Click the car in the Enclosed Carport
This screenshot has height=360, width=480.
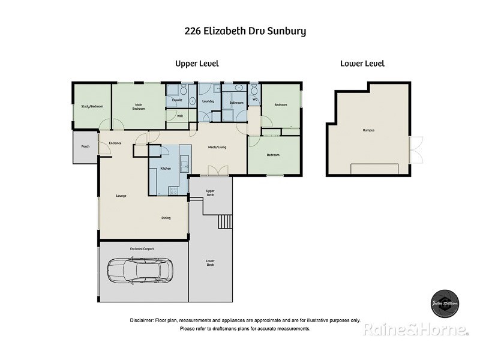pos(140,271)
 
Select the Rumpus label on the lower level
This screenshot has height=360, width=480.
pos(368,130)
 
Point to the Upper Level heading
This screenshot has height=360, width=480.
pos(197,63)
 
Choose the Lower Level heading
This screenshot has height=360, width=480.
pos(362,63)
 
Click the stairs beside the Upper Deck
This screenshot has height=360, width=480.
pos(224,221)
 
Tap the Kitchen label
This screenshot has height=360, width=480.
pos(165,169)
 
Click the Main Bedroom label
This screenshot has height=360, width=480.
pos(139,107)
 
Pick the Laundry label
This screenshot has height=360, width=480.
pos(208,101)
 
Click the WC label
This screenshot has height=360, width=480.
pos(254,100)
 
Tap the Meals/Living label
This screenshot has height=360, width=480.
pos(217,147)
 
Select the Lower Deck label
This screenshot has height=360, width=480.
pos(210,263)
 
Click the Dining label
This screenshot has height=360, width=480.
pos(166,218)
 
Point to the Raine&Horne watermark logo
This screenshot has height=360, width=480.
pos(415,329)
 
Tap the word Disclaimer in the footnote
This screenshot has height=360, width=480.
pos(142,320)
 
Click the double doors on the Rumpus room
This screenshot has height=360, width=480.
pos(415,150)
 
